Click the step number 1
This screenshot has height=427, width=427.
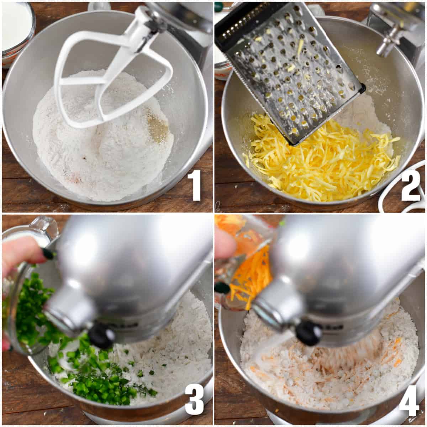196,186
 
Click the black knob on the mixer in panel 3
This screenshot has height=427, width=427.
101,336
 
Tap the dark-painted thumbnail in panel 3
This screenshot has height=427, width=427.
48,253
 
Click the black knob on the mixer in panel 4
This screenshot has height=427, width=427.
309,333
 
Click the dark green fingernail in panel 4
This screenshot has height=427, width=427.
223,288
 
